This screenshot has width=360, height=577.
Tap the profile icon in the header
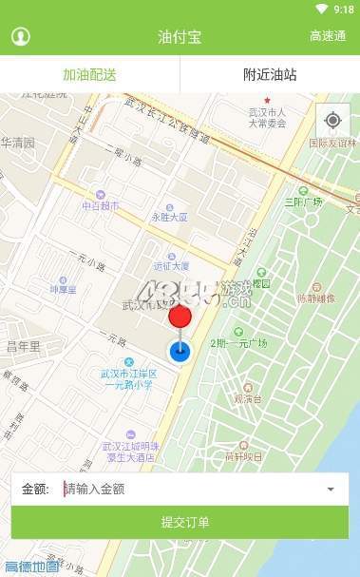20,37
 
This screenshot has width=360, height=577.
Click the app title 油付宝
179,37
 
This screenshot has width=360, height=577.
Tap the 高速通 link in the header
328,37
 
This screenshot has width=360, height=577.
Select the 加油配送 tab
89,74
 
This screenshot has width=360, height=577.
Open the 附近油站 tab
270,74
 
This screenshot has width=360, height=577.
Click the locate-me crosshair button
332,120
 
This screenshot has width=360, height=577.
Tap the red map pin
180,317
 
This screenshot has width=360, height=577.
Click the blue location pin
180,351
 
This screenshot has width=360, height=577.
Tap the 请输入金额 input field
190,490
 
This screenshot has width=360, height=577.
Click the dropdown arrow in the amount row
331,490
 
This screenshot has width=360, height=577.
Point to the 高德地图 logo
31,567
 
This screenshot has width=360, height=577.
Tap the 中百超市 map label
101,205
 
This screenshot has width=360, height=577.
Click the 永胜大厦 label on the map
169,217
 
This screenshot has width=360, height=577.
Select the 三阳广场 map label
304,202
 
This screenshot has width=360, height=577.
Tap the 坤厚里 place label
64,288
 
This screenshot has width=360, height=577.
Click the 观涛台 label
248,399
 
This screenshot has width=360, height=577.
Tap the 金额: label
35,490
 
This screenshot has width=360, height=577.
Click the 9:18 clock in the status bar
344,9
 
